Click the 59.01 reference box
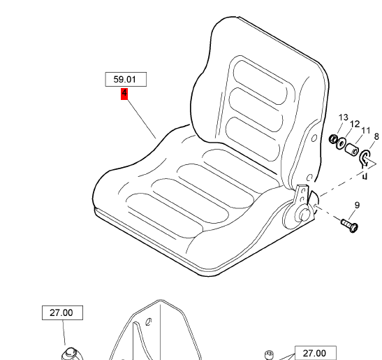(126, 79)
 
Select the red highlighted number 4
(124, 94)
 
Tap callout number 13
(344, 117)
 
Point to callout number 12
(355, 124)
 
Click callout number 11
(366, 131)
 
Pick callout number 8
(376, 136)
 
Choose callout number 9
(357, 205)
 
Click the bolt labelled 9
(350, 225)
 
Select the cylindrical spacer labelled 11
(352, 150)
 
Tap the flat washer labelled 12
(341, 144)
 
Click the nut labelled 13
(333, 139)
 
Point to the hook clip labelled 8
(365, 158)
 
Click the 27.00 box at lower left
(62, 312)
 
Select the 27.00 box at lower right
(316, 353)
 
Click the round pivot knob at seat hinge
(304, 215)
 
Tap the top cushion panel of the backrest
(260, 82)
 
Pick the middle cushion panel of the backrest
(256, 110)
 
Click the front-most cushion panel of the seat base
(165, 215)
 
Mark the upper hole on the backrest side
(314, 138)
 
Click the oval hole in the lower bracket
(148, 322)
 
